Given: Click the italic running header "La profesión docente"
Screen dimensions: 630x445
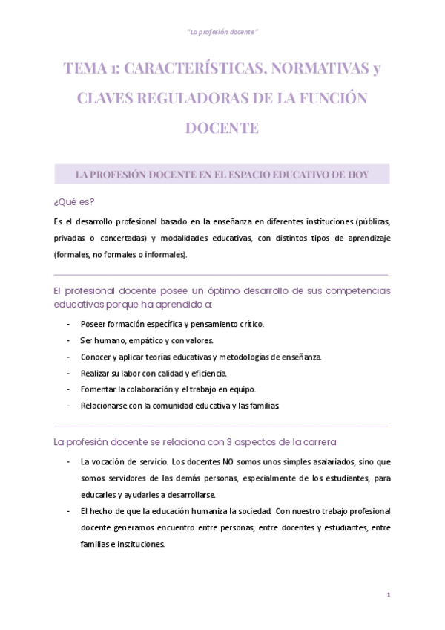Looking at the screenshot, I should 222,33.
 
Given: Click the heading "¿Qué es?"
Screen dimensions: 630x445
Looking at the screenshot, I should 74,202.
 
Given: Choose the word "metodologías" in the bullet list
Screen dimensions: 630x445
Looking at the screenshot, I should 241,357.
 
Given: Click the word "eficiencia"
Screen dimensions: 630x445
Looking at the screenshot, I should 212,373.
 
